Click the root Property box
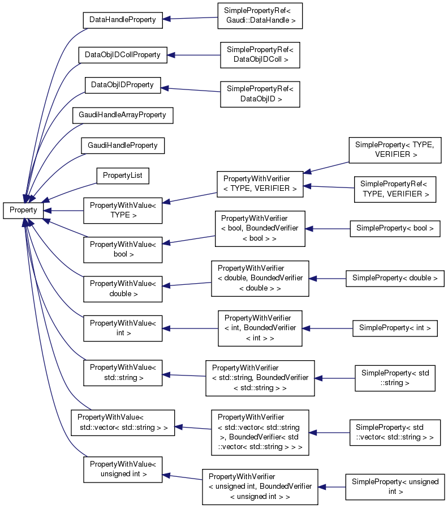click(23, 210)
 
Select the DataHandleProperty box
click(123, 19)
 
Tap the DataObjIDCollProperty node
click(122, 55)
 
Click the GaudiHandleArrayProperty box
click(122, 115)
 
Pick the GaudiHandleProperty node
click(122, 146)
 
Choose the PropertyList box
click(122, 176)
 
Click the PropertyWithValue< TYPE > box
click(123, 210)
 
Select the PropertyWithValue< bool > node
click(123, 250)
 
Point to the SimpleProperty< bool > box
click(395, 228)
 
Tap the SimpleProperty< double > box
click(395, 278)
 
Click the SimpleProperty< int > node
click(395, 328)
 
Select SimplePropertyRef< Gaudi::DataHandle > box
click(260, 16)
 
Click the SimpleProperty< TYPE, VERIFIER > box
click(394, 150)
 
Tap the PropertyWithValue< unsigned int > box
click(123, 468)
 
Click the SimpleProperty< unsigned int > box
click(395, 486)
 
